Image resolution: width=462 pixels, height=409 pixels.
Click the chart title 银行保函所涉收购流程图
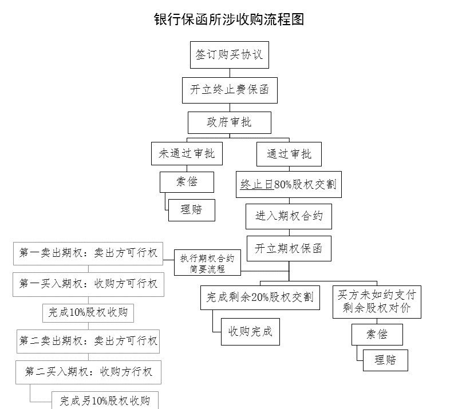229,19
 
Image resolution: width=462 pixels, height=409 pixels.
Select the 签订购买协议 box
230,55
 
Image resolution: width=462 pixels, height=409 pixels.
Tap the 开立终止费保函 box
230,90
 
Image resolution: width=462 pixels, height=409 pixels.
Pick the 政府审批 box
230,122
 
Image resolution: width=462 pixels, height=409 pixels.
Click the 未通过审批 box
187,154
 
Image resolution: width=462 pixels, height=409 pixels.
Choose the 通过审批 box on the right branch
289,154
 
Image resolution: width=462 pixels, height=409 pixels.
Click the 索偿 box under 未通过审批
187,182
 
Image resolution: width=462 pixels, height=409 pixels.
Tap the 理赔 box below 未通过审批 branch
192,210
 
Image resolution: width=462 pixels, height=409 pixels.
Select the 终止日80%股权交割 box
289,184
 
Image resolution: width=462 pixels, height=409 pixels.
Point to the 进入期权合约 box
289,216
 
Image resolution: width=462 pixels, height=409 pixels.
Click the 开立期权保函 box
289,248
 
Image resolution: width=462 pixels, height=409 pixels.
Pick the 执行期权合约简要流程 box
207,263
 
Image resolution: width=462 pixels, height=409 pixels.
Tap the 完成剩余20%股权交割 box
260,297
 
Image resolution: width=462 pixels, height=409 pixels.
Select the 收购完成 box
250,332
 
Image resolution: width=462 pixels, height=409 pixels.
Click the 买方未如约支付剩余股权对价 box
377,302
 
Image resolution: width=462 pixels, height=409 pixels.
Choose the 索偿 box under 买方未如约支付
377,335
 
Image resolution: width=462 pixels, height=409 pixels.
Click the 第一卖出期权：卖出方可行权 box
88,253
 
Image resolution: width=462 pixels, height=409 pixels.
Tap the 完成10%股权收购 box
88,313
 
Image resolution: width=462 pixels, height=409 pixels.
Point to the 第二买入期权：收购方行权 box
88,372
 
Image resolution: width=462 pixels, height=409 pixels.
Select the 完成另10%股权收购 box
105,400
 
